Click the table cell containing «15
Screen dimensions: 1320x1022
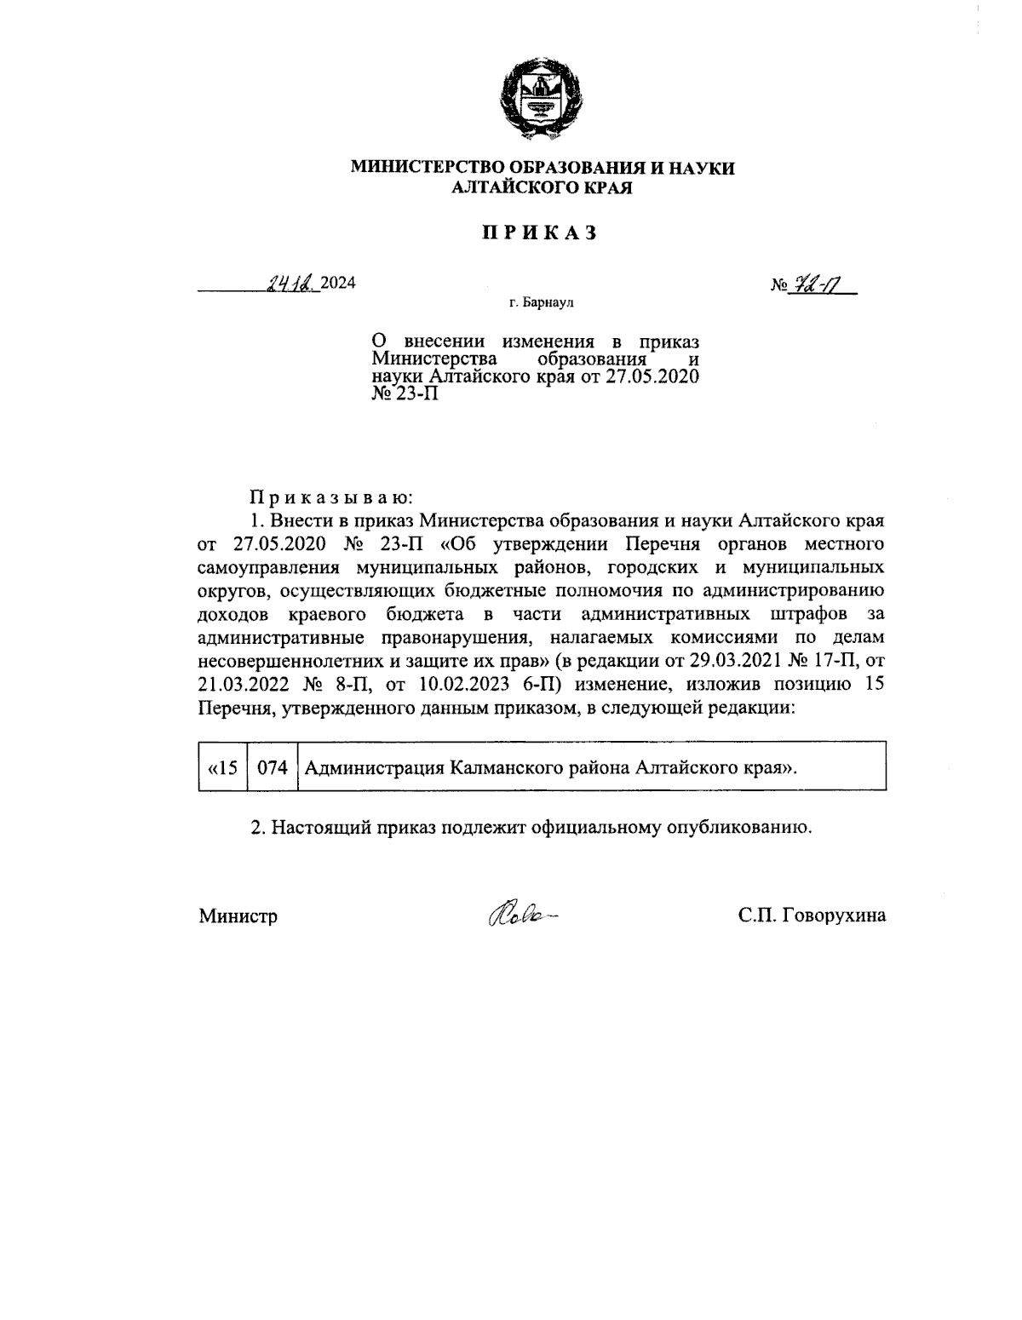point(222,767)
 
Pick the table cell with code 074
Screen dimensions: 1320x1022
point(273,767)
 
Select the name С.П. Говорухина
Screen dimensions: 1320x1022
point(812,915)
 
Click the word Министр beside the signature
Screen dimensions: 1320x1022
point(238,916)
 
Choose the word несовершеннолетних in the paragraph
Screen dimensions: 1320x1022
point(283,660)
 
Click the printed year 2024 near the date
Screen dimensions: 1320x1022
point(338,284)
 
